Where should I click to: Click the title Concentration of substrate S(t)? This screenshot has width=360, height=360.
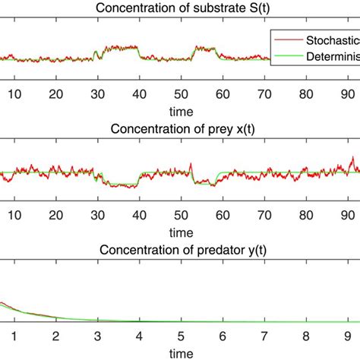[180, 9]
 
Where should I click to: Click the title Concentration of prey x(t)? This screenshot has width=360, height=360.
[180, 128]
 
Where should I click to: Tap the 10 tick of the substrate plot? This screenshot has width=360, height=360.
[13, 94]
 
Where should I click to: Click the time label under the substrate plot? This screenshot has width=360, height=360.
[180, 111]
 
